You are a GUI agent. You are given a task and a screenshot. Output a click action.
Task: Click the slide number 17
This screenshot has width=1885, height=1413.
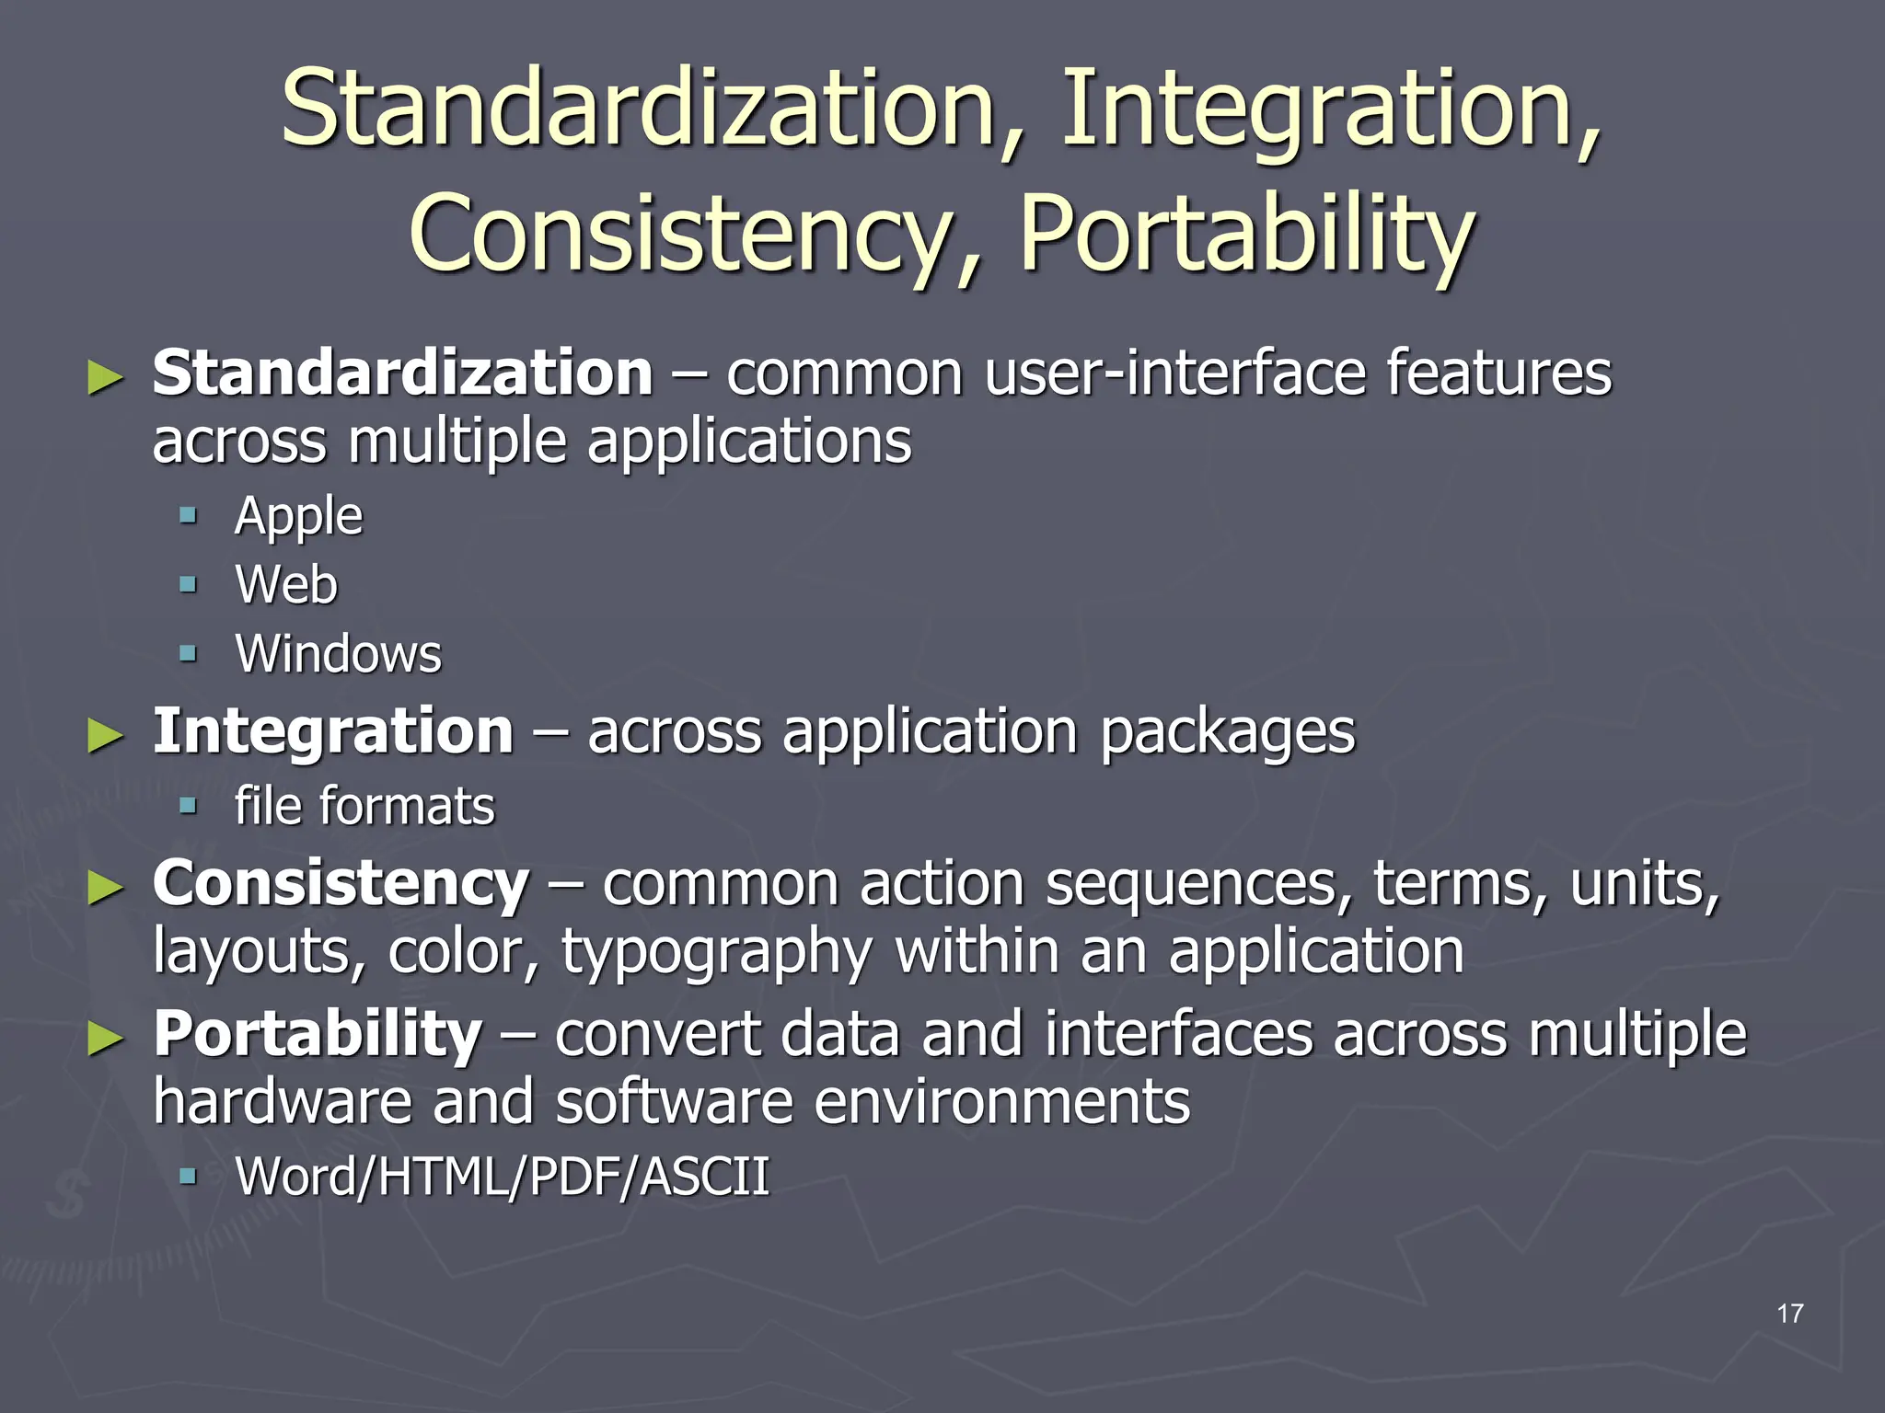(x=1789, y=1313)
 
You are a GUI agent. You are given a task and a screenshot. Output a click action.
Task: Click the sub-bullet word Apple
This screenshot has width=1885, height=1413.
(x=298, y=516)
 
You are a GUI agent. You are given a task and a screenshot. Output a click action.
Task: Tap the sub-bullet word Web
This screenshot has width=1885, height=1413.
(x=286, y=584)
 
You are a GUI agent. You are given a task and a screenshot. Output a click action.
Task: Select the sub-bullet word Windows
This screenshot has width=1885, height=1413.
(x=338, y=654)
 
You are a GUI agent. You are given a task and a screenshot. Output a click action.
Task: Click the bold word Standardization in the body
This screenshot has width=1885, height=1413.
(x=402, y=373)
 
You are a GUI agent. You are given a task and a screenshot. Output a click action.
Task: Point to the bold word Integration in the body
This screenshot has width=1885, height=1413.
(x=332, y=731)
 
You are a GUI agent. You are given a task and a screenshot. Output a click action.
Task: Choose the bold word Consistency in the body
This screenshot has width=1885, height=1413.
(x=341, y=883)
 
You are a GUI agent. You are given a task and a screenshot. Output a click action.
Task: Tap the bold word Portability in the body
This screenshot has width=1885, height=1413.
(x=317, y=1034)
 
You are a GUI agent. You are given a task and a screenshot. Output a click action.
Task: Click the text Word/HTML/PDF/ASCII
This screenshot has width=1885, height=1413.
(x=502, y=1177)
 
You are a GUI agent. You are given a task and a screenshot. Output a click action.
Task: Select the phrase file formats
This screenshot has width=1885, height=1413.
(x=364, y=807)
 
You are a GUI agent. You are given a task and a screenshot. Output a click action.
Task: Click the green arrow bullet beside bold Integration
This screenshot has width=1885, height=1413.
(x=105, y=737)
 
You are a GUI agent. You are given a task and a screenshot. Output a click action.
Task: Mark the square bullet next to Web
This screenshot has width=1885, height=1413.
(x=189, y=584)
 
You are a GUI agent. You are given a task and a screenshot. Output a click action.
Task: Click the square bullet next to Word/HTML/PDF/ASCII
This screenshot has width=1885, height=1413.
(x=189, y=1175)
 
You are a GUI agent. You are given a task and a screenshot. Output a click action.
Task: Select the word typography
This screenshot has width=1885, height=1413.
(x=716, y=952)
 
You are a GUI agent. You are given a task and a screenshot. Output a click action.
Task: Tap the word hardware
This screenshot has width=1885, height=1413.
(x=282, y=1102)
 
